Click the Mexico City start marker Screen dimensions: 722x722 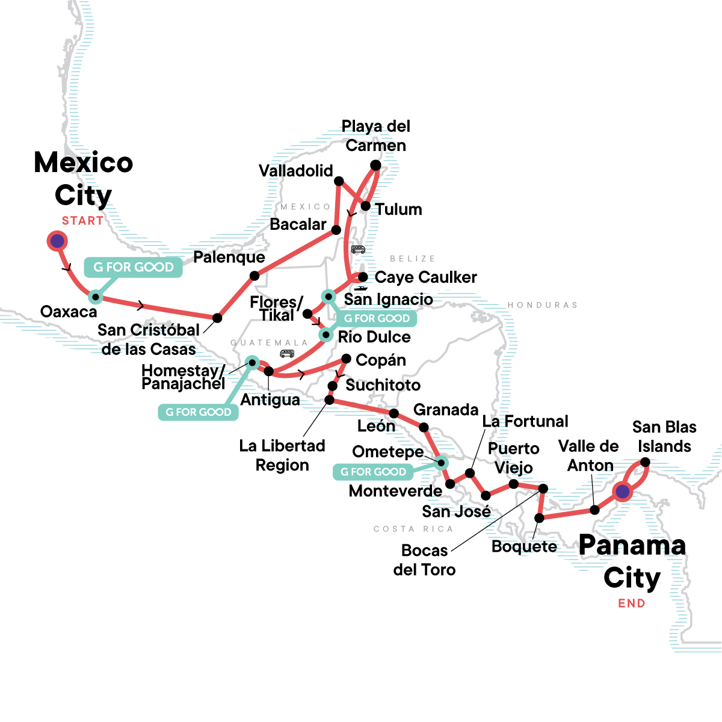[57, 241]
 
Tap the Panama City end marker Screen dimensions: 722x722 [622, 492]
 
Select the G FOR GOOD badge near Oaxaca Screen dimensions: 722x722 [133, 267]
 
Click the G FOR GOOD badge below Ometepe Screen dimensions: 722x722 [373, 472]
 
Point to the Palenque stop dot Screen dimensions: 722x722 [255, 276]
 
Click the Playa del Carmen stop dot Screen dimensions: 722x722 [375, 165]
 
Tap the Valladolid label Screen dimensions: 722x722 [295, 171]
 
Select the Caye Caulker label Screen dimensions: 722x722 [425, 277]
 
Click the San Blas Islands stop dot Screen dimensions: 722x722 [645, 462]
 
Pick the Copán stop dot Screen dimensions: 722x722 [346, 359]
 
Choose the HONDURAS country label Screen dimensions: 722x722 [542, 305]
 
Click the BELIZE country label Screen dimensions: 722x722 [412, 259]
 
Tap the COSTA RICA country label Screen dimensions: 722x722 [413, 529]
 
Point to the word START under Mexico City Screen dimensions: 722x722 [82, 221]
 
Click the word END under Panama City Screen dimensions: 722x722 [631, 603]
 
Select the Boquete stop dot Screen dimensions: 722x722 [540, 517]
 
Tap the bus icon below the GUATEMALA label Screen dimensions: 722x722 [287, 353]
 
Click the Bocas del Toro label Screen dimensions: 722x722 [424, 560]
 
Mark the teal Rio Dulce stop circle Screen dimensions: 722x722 [326, 335]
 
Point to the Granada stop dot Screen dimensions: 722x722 [424, 428]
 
